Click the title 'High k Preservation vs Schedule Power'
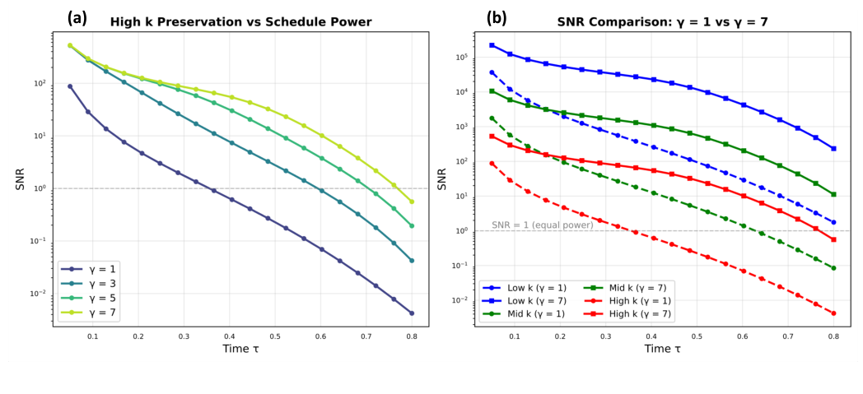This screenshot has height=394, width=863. [x=240, y=22]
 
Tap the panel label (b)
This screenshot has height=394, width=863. [x=497, y=16]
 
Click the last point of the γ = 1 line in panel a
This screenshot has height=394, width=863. [x=412, y=313]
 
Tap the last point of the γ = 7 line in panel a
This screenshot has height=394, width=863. [x=412, y=202]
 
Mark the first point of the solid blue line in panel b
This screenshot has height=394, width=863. [x=492, y=45]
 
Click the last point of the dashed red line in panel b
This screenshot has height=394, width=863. [x=833, y=313]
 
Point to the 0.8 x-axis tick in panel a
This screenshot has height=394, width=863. [x=412, y=336]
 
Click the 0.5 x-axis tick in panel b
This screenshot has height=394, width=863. [x=697, y=336]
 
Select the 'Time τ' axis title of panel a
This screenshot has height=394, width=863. [x=240, y=349]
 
